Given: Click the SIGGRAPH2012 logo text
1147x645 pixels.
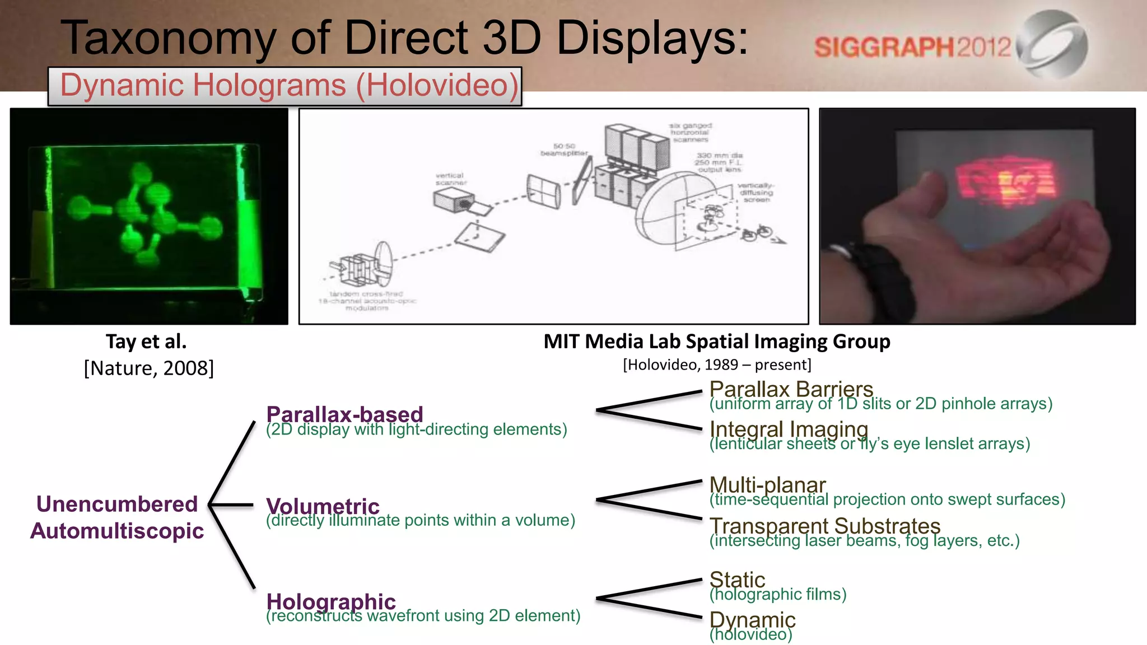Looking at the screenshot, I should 912,47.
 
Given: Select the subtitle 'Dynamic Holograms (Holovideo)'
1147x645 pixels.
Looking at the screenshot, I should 289,86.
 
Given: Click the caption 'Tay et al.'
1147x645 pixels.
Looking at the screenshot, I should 146,341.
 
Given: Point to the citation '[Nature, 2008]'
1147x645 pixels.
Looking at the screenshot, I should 149,368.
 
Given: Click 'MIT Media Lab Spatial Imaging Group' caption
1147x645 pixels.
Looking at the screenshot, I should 716,341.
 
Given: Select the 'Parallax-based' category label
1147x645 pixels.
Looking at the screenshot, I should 344,414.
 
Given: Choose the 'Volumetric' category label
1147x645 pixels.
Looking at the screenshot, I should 323,506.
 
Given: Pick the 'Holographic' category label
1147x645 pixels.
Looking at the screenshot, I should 331,601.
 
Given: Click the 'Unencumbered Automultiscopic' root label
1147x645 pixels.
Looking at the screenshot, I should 117,517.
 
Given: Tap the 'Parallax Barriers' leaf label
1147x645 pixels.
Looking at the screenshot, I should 791,389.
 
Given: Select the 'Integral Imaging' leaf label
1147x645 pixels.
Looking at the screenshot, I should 789,429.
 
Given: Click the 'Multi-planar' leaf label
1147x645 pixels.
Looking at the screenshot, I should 767,485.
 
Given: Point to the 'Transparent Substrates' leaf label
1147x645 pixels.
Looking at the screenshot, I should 824,526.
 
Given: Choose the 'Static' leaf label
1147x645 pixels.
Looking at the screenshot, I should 737,579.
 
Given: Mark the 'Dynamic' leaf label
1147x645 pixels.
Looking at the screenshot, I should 752,620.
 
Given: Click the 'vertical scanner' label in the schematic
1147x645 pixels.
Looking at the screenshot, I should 450,179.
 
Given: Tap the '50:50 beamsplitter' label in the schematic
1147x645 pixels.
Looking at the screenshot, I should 564,149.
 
